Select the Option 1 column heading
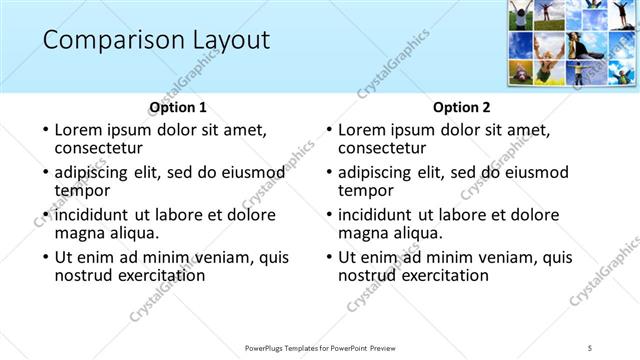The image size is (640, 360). point(178,106)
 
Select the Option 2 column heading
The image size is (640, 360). point(462,106)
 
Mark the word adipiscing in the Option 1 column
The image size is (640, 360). point(94,172)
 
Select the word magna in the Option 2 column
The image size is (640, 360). point(362,233)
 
